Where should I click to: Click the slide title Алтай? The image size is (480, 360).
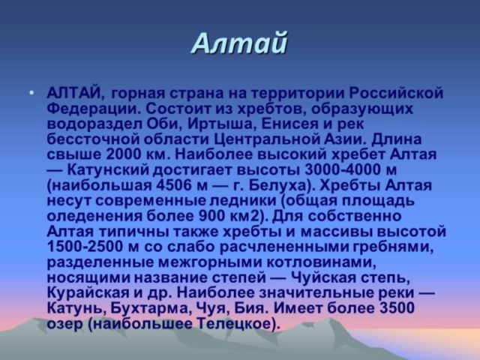[x=239, y=43]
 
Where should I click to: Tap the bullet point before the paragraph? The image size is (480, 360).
[x=31, y=94]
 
